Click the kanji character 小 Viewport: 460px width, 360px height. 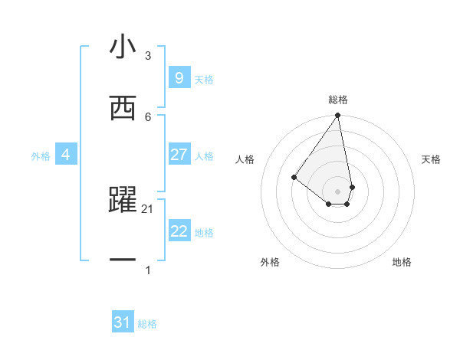tap(123, 48)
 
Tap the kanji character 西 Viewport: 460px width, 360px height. tap(123, 108)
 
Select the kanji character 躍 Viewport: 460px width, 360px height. tap(123, 200)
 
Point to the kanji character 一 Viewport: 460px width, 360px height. tap(123, 260)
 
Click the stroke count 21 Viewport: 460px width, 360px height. tap(148, 209)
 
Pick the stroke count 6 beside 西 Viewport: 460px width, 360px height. tap(148, 116)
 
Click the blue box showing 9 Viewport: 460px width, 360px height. tap(179, 77)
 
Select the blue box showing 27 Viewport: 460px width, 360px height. tap(179, 155)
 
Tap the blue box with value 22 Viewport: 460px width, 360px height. tap(179, 231)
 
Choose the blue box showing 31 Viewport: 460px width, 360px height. tap(123, 322)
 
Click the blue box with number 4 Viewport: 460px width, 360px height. tap(66, 155)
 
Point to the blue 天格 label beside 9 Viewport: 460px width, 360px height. tap(204, 79)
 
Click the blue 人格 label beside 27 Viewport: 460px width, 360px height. tap(204, 155)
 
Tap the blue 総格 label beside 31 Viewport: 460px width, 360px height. tap(147, 324)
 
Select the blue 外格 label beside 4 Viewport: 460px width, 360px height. tap(41, 155)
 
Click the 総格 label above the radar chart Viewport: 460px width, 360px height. tap(338, 100)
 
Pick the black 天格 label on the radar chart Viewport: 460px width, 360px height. tap(431, 159)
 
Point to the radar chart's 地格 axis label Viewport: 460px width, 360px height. tap(402, 262)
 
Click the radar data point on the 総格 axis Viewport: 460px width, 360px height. tap(338, 116)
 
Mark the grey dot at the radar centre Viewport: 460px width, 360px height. tap(338, 191)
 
